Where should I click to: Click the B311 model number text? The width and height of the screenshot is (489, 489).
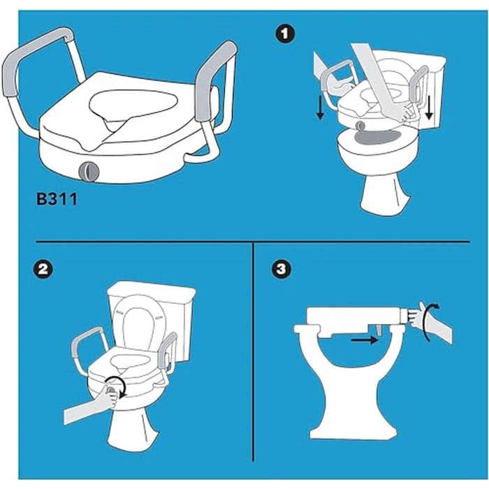coord(57,198)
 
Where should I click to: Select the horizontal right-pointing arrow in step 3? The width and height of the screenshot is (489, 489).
coord(363,341)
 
